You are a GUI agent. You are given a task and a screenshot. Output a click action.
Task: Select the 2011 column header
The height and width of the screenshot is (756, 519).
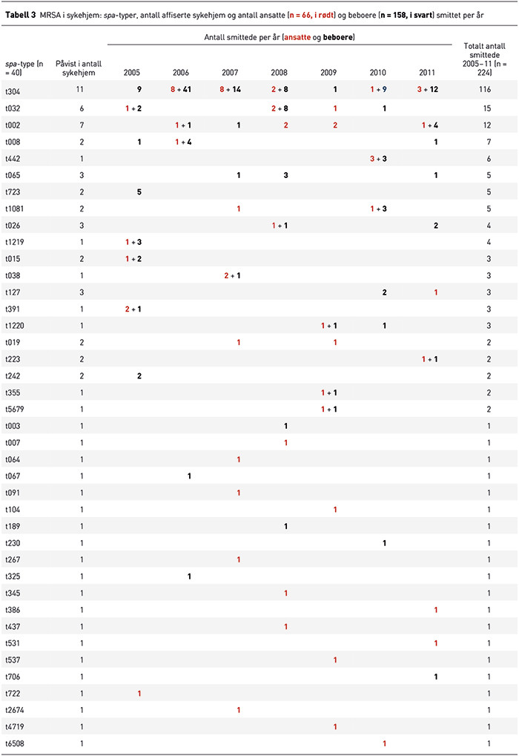coord(427,73)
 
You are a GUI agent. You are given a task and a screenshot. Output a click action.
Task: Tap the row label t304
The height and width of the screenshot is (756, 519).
coord(12,90)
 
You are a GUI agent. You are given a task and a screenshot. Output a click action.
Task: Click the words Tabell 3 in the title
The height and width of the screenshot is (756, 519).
coord(21,14)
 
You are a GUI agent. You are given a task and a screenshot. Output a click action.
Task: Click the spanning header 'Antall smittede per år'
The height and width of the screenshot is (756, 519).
coord(279,36)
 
